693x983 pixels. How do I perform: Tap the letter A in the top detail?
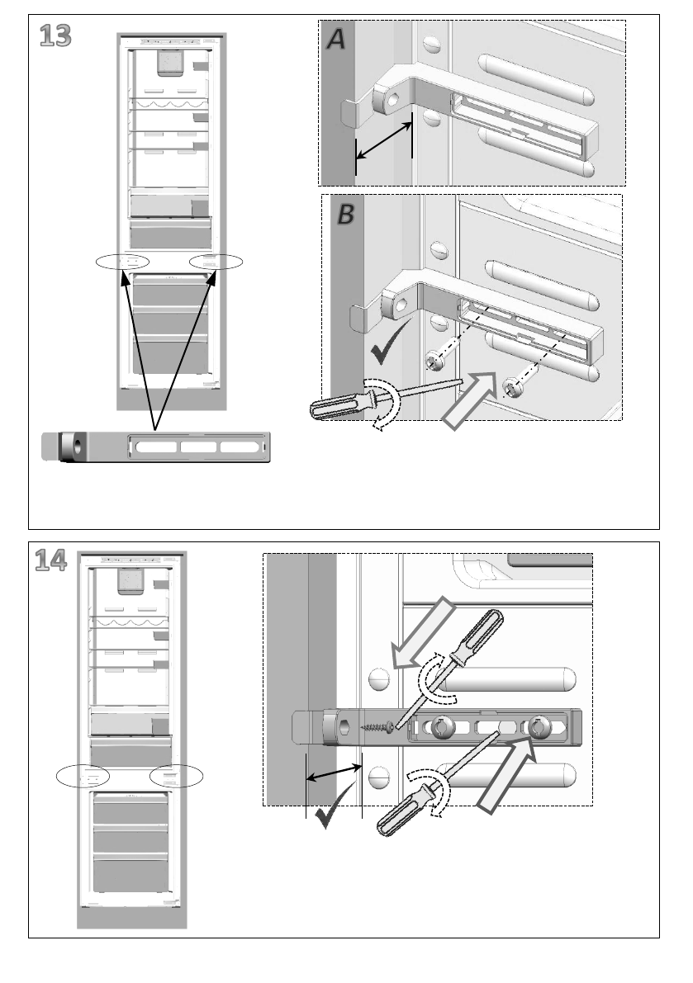pos(336,39)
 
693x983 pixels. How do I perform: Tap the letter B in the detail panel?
pos(346,215)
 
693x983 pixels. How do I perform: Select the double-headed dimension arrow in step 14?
pos(334,775)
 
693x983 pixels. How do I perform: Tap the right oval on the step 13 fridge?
pos(216,262)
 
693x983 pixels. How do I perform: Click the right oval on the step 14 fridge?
pos(177,776)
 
